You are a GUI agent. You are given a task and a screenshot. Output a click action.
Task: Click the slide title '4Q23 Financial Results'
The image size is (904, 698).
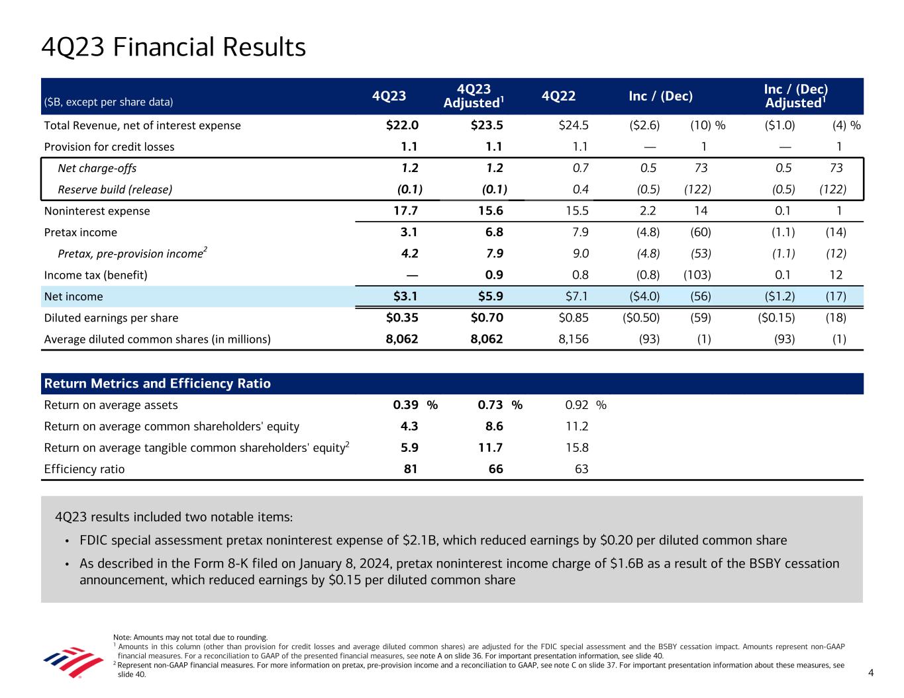click(x=174, y=48)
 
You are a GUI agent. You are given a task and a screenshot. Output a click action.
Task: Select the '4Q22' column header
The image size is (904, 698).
click(x=558, y=97)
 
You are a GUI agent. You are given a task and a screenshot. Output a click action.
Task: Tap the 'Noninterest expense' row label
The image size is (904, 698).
click(x=97, y=211)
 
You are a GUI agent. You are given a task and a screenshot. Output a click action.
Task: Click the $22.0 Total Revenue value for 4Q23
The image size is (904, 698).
click(x=402, y=125)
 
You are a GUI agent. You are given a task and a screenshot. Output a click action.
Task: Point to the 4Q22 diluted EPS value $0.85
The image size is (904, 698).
click(x=574, y=318)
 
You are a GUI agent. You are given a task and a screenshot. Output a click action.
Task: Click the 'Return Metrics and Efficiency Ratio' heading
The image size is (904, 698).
click(x=157, y=384)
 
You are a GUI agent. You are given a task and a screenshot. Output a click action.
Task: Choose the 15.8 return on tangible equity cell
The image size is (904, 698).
click(x=577, y=447)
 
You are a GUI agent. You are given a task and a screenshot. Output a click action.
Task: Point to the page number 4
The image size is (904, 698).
click(x=871, y=673)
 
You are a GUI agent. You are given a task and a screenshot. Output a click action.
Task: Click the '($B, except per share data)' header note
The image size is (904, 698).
click(x=108, y=102)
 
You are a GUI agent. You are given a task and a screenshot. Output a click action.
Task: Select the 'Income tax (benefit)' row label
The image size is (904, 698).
click(x=95, y=275)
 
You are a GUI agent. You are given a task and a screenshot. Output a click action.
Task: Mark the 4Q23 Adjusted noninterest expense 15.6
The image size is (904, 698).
click(x=490, y=211)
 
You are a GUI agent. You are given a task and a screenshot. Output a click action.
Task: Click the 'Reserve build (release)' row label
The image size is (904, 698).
click(x=115, y=189)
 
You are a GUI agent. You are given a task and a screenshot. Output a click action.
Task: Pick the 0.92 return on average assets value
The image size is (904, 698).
click(x=574, y=405)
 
